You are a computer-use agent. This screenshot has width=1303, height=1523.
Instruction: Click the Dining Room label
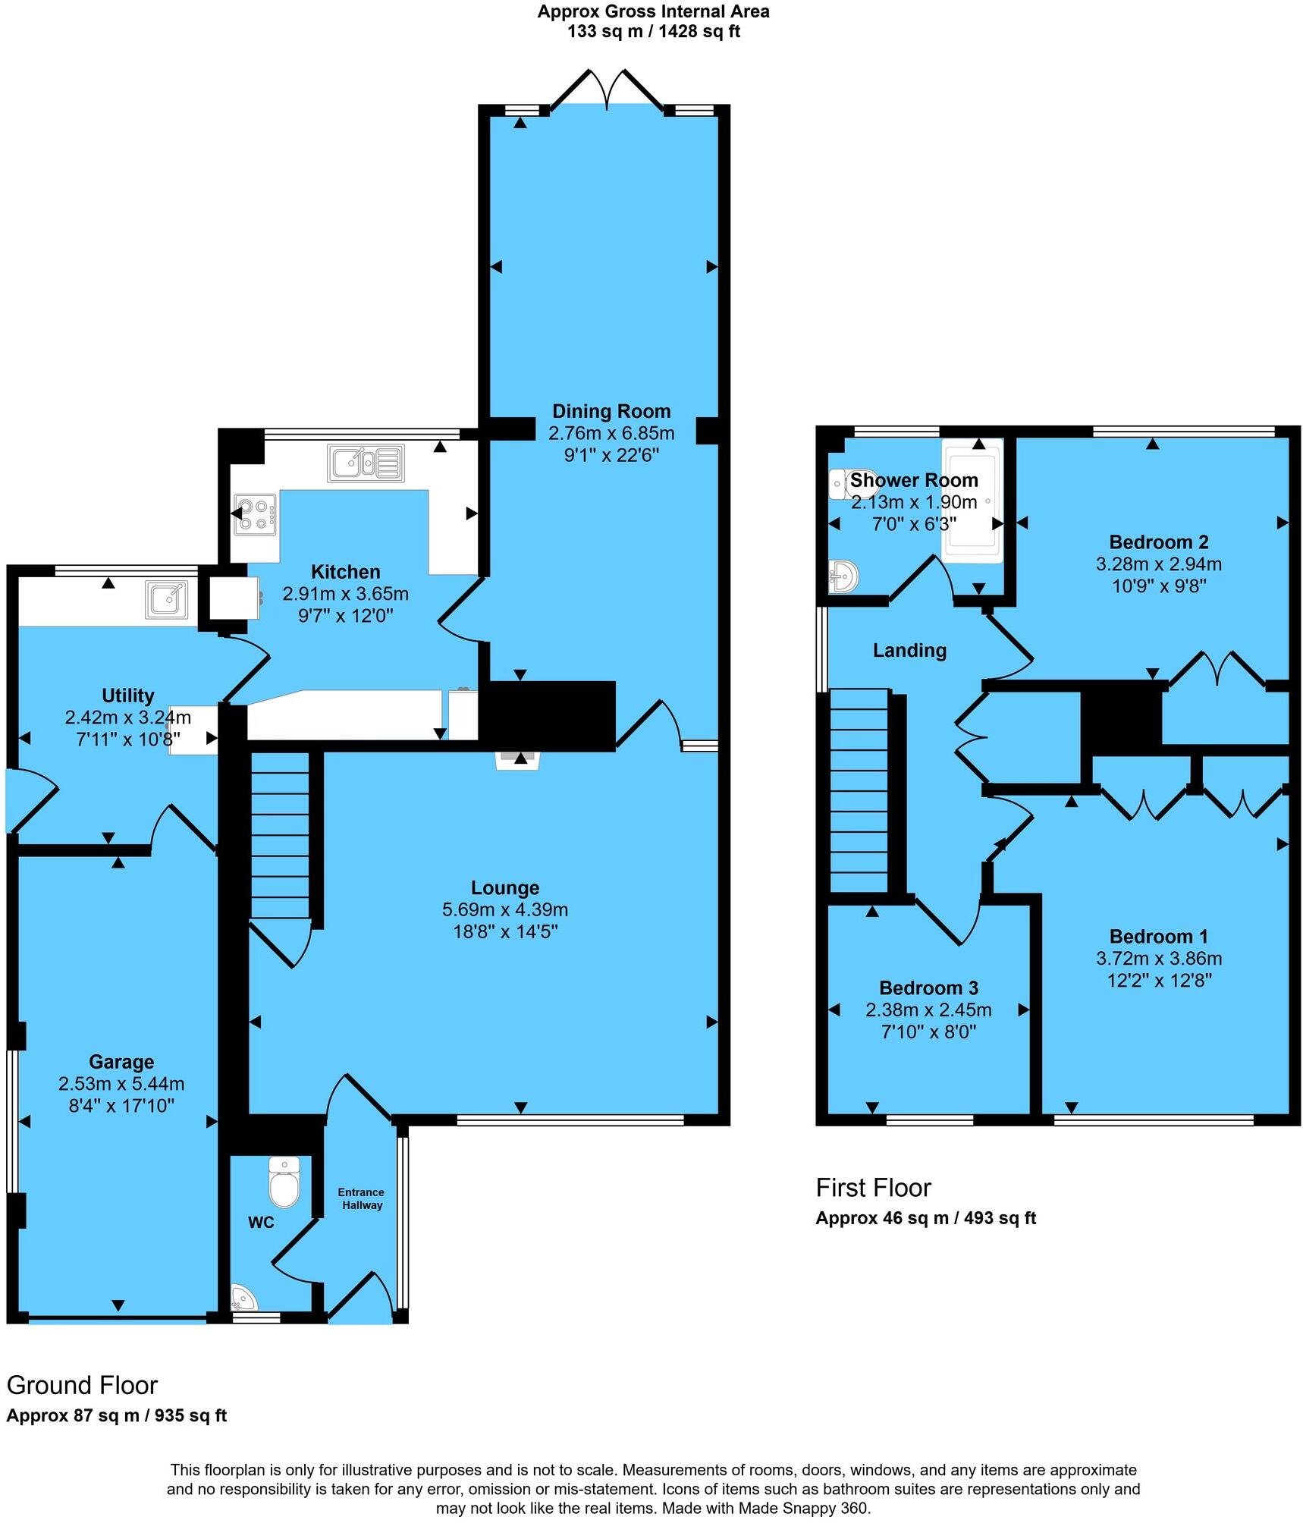(x=611, y=412)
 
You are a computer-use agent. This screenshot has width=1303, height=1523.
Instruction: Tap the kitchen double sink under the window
(x=366, y=463)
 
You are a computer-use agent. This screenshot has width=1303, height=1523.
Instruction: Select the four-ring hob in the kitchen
(x=255, y=513)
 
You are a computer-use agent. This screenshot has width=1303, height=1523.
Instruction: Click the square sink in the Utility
(x=168, y=600)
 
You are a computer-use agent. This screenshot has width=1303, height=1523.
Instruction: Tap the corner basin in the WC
(x=243, y=1300)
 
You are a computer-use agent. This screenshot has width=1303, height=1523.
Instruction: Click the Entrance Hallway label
(x=361, y=1198)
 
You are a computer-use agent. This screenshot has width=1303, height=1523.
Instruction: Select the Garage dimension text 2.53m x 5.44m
(x=121, y=1084)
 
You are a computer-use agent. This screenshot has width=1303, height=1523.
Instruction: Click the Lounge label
(x=505, y=887)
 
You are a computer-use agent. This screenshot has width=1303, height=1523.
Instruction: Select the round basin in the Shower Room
(x=843, y=576)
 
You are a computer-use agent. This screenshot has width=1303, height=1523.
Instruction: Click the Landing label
(x=909, y=650)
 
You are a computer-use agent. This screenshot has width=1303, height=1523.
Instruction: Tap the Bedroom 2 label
(x=1158, y=542)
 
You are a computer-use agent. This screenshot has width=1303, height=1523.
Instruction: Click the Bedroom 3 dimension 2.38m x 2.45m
(x=928, y=1010)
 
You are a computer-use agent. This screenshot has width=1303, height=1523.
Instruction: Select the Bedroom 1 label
(x=1158, y=937)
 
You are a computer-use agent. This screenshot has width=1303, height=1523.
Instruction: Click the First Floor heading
(x=873, y=1188)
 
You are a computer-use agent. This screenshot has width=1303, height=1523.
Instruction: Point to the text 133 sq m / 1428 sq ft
(x=653, y=32)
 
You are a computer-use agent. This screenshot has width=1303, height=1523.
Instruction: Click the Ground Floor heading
(x=82, y=1386)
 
